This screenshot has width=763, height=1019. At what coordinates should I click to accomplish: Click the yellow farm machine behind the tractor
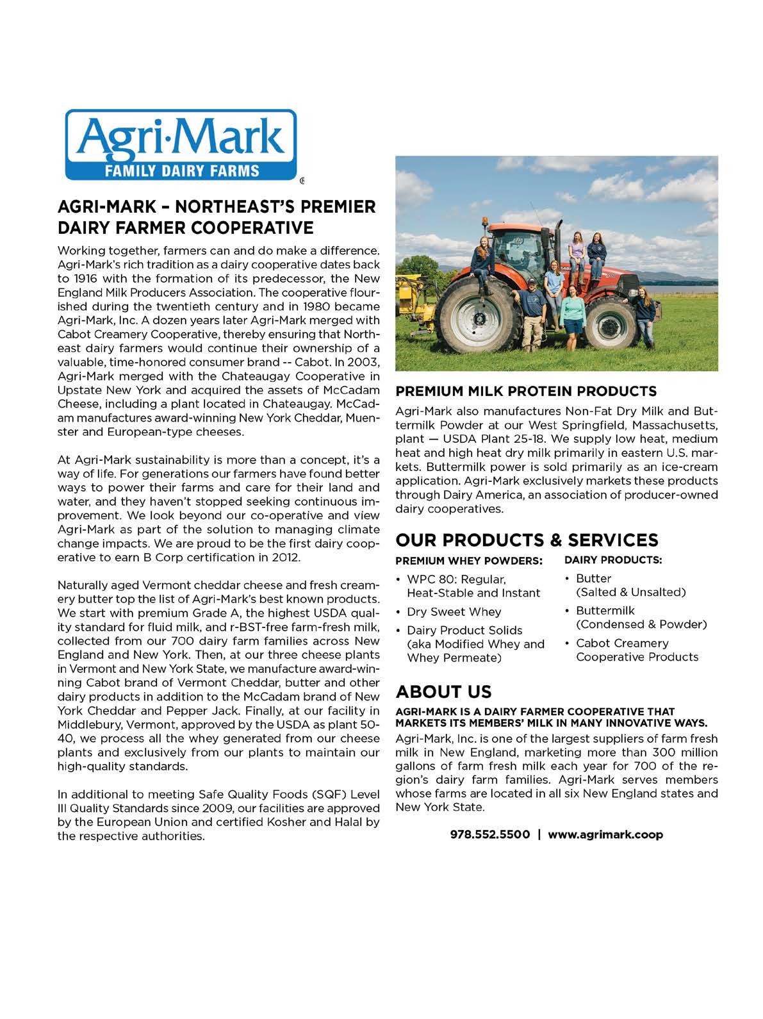tap(412, 308)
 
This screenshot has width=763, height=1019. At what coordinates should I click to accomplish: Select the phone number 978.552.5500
tap(490, 834)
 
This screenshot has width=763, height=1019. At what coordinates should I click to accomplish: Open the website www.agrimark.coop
tap(605, 834)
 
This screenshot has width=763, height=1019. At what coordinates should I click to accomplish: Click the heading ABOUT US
tap(444, 692)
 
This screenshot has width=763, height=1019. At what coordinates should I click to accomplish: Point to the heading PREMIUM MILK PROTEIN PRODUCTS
tap(526, 391)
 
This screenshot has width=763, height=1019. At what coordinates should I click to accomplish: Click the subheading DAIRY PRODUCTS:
tap(613, 559)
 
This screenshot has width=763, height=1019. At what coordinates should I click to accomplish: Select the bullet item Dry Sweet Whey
tap(454, 611)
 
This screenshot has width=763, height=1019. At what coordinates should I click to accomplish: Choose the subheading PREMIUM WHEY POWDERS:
tap(469, 560)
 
